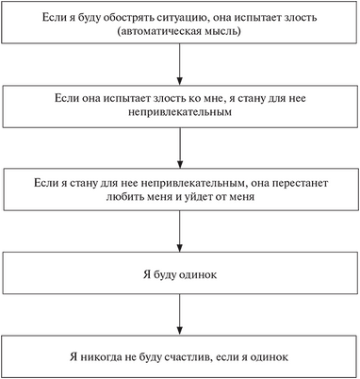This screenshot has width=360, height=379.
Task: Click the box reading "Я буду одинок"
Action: (179, 271)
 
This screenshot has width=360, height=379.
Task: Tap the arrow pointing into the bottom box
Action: (179, 313)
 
